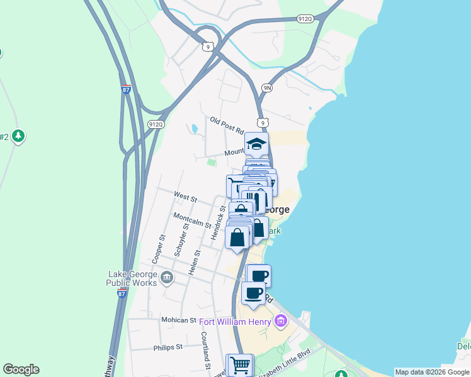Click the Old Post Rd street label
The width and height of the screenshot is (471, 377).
(x=227, y=126)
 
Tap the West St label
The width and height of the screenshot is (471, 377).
(x=185, y=197)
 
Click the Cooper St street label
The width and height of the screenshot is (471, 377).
(x=158, y=249)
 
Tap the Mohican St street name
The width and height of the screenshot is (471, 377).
(x=179, y=320)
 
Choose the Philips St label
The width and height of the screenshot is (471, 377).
(x=167, y=346)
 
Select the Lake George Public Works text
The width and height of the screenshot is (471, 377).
(x=133, y=278)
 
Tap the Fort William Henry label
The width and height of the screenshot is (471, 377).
(x=235, y=322)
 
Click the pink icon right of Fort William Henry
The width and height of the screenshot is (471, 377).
(x=281, y=322)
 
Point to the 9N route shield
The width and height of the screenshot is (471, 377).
(x=267, y=89)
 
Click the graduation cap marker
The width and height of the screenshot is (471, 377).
(x=257, y=144)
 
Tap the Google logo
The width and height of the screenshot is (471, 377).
(x=21, y=369)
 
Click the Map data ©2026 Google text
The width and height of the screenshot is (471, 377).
(x=432, y=372)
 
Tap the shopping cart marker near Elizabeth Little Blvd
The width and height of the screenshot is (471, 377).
(x=239, y=364)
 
